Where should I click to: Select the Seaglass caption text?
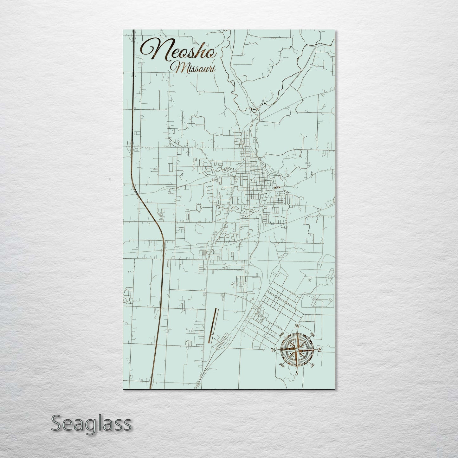(91, 423)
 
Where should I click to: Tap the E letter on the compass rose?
(319, 350)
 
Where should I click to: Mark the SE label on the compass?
(313, 365)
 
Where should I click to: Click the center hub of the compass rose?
(297, 350)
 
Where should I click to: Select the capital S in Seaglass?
(56, 423)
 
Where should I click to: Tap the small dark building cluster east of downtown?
(277, 188)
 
